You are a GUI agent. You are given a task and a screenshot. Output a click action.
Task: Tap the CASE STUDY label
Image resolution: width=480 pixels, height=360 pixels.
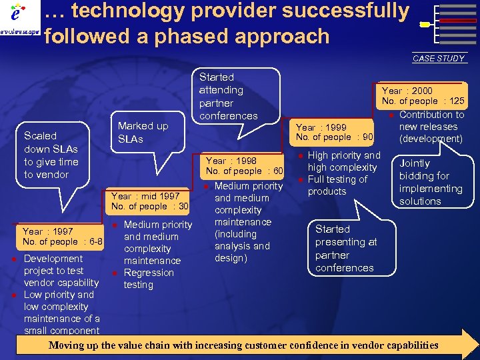[x=438, y=59]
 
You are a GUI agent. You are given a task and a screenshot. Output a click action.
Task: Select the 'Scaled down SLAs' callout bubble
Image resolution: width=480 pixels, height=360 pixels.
[x=51, y=155]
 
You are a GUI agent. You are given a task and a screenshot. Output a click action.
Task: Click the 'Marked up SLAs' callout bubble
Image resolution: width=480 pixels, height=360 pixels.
[x=143, y=132]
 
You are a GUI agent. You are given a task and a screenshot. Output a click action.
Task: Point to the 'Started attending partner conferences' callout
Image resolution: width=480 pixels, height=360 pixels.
[x=228, y=97]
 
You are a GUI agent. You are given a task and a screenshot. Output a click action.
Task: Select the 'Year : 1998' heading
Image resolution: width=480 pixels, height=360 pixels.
[x=231, y=160]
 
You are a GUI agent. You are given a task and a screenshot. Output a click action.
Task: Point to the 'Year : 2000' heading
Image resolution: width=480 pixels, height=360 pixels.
[x=407, y=90]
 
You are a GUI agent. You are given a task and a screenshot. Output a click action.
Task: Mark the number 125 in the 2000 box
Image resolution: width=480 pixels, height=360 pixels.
[x=457, y=101]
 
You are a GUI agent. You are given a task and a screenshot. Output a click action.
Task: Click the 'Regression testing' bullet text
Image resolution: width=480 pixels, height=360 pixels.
[x=149, y=279]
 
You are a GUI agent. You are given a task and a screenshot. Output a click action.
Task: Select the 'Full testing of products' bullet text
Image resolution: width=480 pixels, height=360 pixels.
[x=337, y=185]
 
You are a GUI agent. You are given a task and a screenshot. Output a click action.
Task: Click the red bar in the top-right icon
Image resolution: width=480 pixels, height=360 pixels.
[x=458, y=21]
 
